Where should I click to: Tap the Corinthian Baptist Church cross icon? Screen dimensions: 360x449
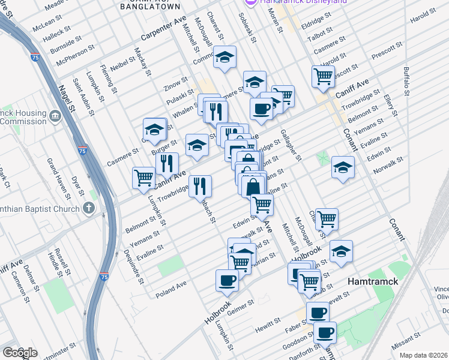[89, 209]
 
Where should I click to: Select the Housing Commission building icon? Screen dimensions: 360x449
[55, 116]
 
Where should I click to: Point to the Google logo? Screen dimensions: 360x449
[19, 353]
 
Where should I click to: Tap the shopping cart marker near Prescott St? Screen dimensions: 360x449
[323, 76]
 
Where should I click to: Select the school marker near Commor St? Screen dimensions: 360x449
[225, 58]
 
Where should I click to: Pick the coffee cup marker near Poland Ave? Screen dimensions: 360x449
[227, 280]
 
